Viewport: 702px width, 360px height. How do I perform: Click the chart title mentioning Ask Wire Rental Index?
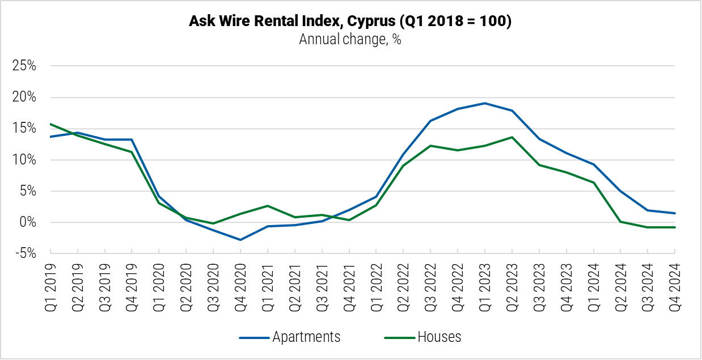(350, 22)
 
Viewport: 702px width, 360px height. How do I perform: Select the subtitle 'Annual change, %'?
(350, 40)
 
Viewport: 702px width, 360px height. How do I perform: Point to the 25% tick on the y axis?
(24, 66)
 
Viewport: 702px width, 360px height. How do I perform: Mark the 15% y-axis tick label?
(24, 129)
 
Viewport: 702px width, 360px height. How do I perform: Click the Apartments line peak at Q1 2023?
(485, 103)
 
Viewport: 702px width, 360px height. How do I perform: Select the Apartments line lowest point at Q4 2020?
(240, 240)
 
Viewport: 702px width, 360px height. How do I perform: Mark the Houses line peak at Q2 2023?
(512, 137)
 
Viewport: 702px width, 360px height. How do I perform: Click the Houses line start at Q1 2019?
(50, 124)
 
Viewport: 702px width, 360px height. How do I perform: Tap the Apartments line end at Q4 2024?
(675, 213)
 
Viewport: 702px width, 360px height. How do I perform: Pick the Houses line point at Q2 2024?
(620, 222)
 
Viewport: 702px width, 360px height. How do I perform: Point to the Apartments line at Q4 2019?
(132, 139)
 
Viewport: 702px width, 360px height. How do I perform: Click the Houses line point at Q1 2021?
(268, 206)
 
